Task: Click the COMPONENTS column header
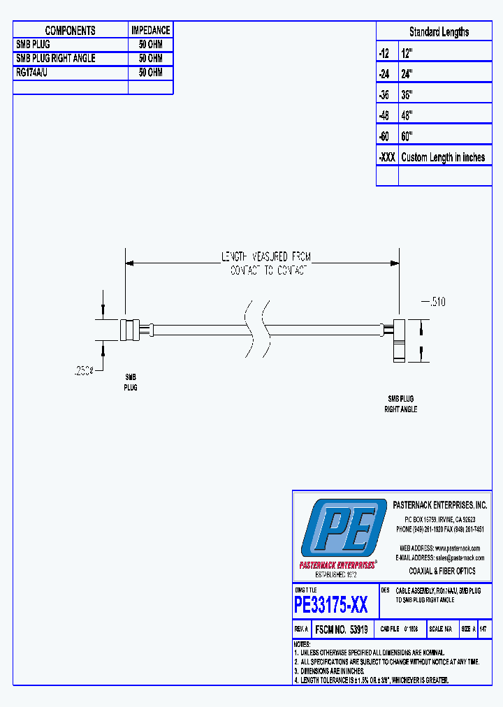70,30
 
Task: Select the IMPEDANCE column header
150,30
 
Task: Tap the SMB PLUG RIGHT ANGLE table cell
55,59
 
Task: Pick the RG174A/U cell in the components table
32,73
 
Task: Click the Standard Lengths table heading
439,31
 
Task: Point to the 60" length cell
407,136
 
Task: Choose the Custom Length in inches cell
443,157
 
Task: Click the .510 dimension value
433,302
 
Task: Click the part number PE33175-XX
331,604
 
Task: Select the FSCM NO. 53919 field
341,629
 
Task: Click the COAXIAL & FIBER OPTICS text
442,571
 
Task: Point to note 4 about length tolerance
371,680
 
